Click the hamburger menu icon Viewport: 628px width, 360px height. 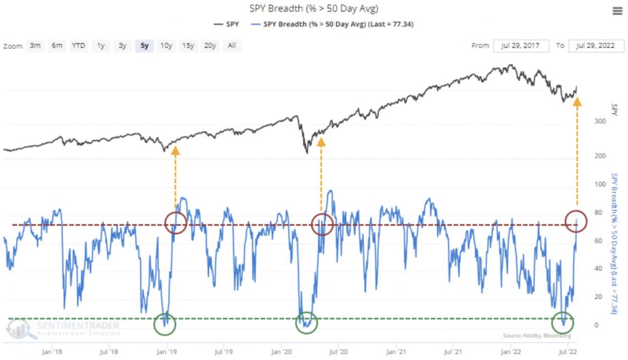point(617,10)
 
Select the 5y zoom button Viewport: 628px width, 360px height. point(144,46)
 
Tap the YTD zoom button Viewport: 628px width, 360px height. point(78,46)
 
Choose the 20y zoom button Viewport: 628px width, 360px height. point(210,46)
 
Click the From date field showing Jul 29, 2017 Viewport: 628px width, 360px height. point(524,46)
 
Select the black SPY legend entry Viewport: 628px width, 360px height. point(227,24)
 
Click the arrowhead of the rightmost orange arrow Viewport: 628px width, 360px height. point(576,102)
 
